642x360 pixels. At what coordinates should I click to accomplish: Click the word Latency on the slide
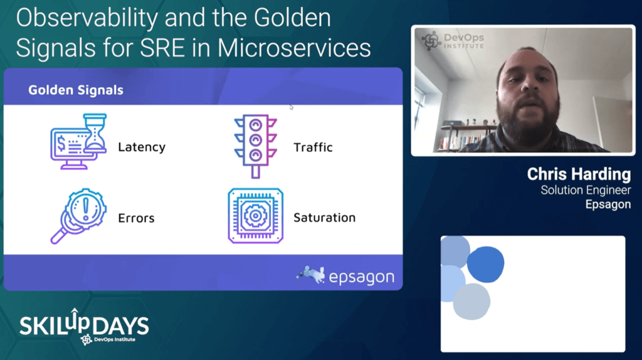click(142, 147)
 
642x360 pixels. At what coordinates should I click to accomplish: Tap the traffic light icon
click(256, 146)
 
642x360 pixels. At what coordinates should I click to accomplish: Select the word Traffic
click(313, 147)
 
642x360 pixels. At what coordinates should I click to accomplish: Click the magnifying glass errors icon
click(78, 216)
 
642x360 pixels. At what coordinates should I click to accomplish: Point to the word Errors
click(136, 218)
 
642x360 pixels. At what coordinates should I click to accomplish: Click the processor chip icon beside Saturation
click(256, 216)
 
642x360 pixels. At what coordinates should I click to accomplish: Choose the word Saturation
click(324, 218)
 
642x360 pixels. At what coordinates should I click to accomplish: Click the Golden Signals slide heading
click(76, 90)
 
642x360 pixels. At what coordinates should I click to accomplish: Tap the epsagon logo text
click(362, 277)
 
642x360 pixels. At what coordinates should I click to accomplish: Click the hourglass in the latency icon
click(95, 133)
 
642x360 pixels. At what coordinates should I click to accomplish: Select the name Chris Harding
click(579, 174)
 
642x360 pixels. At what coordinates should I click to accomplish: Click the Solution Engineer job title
click(586, 190)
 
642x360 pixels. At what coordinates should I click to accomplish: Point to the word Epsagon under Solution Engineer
click(608, 204)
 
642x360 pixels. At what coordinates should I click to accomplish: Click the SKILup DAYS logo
click(84, 326)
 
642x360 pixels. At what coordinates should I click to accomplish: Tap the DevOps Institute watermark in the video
click(453, 41)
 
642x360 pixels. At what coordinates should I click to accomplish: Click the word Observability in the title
click(87, 18)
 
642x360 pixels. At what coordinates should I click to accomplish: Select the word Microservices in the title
click(294, 48)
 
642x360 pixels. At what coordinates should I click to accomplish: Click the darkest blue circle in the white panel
click(486, 264)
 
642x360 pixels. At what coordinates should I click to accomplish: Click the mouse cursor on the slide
click(291, 107)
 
